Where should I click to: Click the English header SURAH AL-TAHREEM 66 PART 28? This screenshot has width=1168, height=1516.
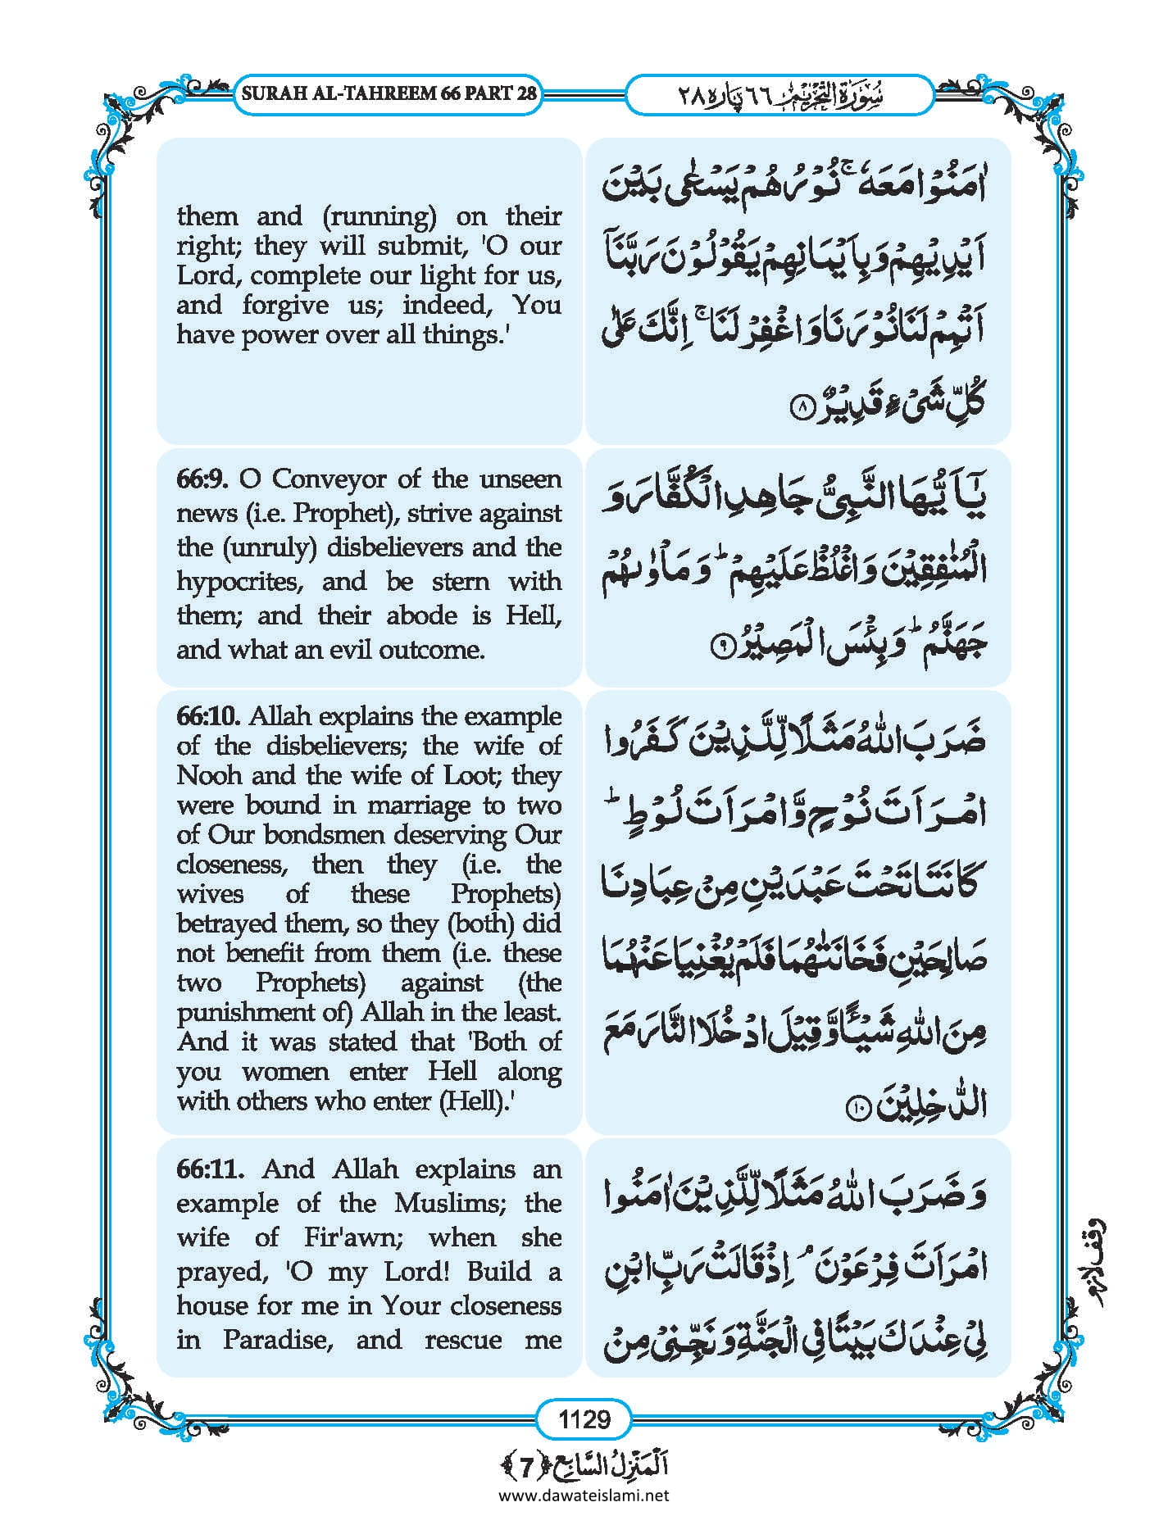click(x=389, y=93)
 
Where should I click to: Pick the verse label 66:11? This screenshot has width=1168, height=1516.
click(x=209, y=1169)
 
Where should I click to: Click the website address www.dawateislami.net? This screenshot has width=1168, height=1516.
click(x=584, y=1496)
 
